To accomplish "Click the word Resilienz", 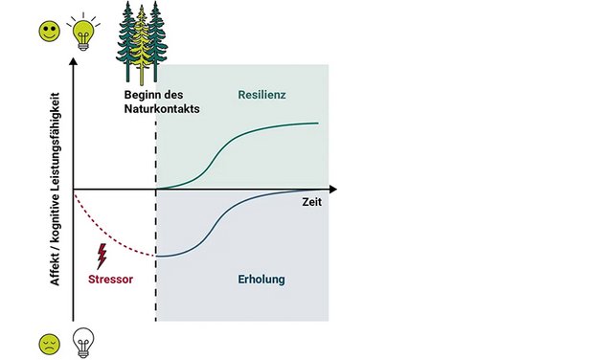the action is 261,95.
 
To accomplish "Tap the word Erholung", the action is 261,280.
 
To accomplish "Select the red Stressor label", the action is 111,280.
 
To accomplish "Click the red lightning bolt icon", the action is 102,257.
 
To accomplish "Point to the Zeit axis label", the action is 312,202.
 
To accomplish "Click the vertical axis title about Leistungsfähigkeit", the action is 55,190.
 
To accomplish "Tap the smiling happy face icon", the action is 50,31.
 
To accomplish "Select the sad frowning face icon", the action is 50,345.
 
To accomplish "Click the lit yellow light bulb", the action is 83,32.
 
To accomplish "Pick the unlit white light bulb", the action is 83,343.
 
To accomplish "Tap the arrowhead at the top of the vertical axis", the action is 73,61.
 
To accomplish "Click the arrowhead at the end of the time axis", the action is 333,190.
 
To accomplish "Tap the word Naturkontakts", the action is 162,108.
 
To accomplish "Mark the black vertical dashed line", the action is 156,221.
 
